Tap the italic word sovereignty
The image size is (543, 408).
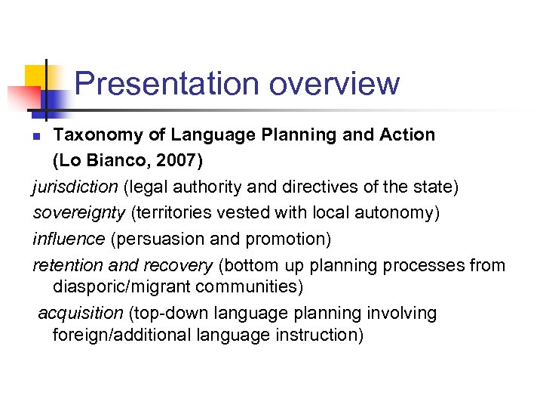(79, 213)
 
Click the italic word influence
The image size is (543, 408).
(69, 239)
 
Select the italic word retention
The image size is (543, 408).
(67, 265)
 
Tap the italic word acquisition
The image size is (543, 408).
(81, 314)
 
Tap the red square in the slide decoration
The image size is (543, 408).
(23, 97)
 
